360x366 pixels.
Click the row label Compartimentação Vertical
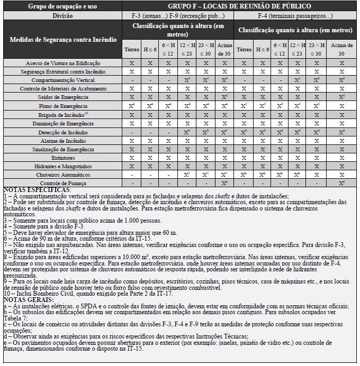tap(63, 79)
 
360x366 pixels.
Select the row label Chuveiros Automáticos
tap(63, 174)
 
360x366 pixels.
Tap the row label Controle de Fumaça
tap(63, 182)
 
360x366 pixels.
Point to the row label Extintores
tap(63, 157)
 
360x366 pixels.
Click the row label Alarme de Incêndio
tap(63, 140)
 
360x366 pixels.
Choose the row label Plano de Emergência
tap(63, 105)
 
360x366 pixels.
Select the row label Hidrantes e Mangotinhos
tap(63, 166)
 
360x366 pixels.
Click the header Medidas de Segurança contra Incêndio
tap(63, 40)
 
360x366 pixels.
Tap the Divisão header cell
tap(63, 15)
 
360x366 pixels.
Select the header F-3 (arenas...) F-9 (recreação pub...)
tap(178, 15)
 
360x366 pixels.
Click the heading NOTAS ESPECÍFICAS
tap(37, 189)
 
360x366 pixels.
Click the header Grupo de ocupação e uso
tap(63, 6)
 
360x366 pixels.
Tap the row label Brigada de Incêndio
tap(63, 114)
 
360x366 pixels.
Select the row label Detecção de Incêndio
tap(63, 132)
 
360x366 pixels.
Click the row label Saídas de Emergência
tap(63, 97)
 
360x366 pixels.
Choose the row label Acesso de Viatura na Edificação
tap(63, 62)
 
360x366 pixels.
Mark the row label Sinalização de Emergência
tap(63, 149)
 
